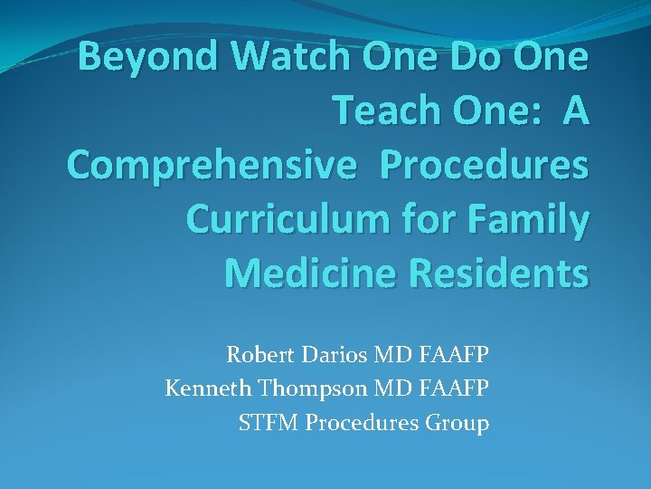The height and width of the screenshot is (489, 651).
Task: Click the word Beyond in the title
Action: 148,57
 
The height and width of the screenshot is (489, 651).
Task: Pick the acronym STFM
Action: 265,423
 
